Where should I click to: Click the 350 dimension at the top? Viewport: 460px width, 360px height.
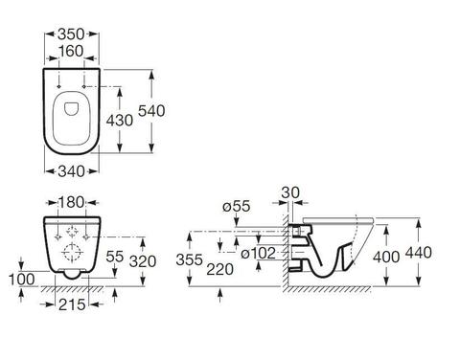[71, 34]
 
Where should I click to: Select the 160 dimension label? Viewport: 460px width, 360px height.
[71, 51]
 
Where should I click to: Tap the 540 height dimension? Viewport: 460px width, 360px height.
[151, 111]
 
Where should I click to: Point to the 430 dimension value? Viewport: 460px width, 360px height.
[120, 121]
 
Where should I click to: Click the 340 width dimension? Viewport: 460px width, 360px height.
[71, 171]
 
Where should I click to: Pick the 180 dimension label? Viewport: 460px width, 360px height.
[71, 202]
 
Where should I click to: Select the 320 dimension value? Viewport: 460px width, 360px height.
[143, 261]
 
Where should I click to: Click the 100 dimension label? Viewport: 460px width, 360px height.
[21, 280]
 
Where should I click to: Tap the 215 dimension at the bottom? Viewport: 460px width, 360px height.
[72, 304]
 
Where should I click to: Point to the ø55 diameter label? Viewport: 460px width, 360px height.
[237, 206]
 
